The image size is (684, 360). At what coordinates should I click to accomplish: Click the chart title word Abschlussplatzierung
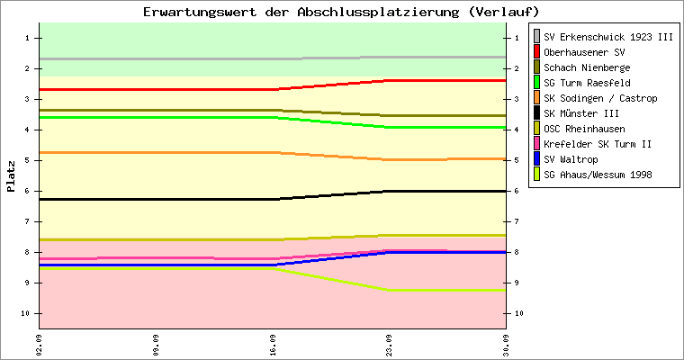378,12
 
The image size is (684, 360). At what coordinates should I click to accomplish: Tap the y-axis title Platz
11,176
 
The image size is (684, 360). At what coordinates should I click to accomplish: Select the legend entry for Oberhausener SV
584,52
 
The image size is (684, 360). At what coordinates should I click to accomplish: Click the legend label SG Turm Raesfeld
587,83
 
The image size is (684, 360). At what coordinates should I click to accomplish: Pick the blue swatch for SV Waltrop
536,158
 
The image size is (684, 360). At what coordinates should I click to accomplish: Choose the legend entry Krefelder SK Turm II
598,144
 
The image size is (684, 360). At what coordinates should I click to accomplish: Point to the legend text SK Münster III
581,113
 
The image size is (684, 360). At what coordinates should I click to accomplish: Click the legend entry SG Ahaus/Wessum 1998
598,175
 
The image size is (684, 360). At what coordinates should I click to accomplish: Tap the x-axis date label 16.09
273,346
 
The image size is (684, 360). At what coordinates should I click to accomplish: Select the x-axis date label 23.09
389,346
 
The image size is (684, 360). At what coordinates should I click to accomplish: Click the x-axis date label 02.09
40,346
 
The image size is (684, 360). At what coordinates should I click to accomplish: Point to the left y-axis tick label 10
25,313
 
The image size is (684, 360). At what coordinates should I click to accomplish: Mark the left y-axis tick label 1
27,38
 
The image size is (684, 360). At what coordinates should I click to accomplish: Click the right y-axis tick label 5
517,160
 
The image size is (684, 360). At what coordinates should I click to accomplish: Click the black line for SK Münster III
273,199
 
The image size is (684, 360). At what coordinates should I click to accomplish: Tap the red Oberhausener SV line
273,89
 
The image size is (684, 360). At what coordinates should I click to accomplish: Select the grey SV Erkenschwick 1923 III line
273,58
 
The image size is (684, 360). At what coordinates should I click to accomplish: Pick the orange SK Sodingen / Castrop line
273,152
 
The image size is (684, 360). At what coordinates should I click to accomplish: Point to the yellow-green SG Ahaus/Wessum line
273,268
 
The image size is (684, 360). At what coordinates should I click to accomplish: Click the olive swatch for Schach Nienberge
536,67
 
